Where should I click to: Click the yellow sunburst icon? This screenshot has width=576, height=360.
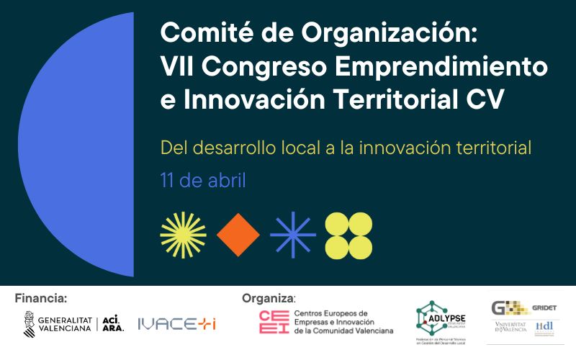pos(183,235)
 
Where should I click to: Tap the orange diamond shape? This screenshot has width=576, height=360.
pos(238,235)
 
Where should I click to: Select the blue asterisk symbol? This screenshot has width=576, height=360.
pos(292,235)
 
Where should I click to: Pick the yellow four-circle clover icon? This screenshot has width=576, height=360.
pos(348,235)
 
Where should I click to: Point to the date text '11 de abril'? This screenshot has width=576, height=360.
pos(202,180)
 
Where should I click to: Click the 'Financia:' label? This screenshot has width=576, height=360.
pos(40,297)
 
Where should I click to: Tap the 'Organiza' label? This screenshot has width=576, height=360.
pos(268,298)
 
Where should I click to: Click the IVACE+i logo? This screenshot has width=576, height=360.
pos(176,324)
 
